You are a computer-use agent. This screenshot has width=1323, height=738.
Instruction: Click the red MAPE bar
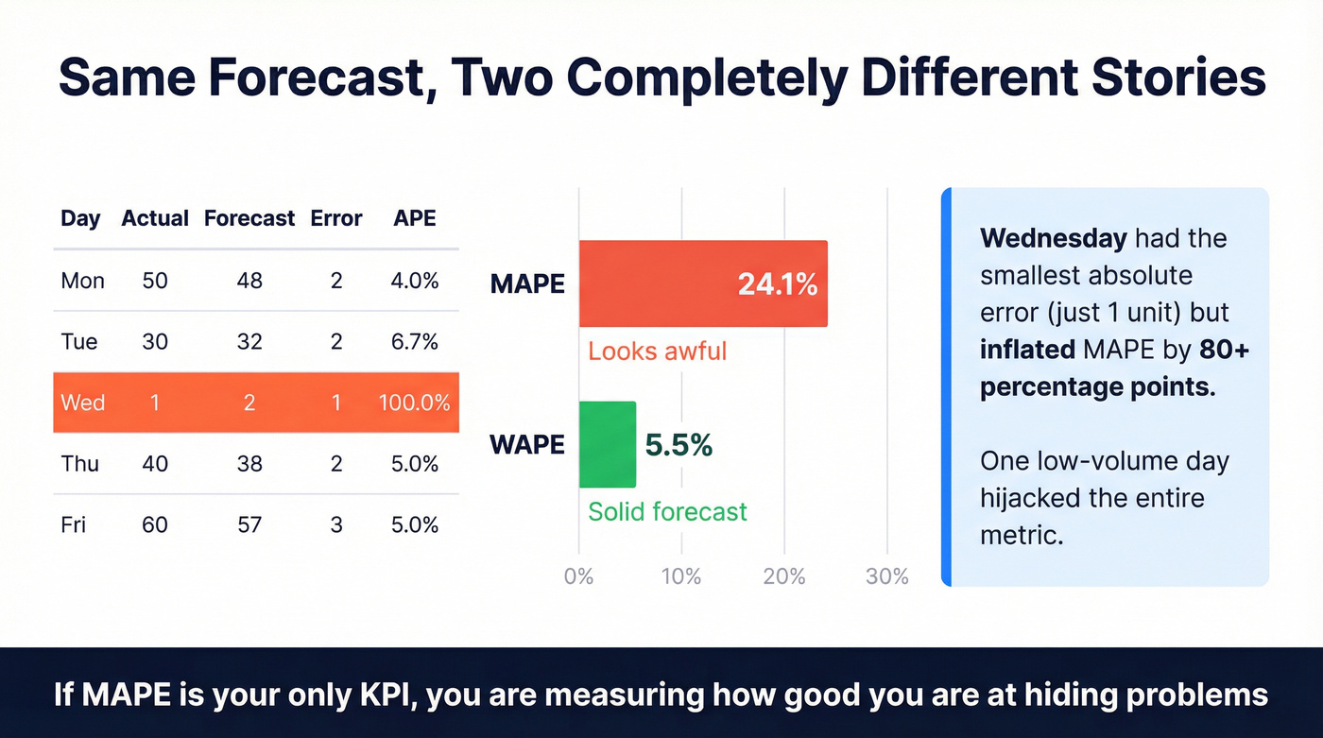tap(661, 283)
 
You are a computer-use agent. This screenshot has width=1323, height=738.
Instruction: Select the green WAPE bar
tap(607, 444)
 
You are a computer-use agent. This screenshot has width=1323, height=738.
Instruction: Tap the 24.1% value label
tap(777, 283)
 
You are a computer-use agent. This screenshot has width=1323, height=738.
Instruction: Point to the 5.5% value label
tap(679, 445)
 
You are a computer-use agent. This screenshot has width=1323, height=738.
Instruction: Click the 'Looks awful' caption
tap(657, 352)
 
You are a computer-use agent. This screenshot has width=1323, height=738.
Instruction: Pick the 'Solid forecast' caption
tap(667, 512)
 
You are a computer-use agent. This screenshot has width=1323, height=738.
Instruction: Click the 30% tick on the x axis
tap(886, 576)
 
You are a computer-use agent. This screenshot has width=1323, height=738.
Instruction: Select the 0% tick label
tap(578, 576)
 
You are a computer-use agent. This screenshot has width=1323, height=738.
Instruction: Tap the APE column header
tap(415, 218)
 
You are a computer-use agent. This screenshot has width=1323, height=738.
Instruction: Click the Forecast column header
tap(249, 218)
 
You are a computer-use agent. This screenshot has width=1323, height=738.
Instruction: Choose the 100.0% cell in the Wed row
tap(415, 403)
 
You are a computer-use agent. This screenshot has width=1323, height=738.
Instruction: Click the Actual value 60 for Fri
tap(154, 524)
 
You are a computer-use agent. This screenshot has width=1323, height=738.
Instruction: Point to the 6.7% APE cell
tap(415, 342)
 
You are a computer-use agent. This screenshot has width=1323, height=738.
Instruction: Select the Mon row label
tap(82, 281)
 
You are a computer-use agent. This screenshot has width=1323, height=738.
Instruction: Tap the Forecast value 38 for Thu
tap(249, 464)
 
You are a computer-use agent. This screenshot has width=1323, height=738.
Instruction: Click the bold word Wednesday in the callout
tap(1054, 238)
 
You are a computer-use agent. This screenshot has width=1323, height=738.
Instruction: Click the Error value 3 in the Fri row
tap(336, 524)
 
